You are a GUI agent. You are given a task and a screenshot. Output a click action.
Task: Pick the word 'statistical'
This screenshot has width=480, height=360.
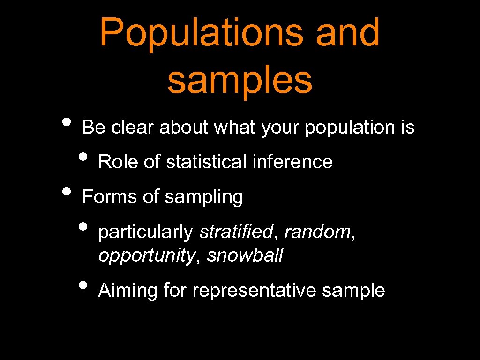point(206,162)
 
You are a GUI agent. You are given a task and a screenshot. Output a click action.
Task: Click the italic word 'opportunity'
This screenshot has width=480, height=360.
point(146,256)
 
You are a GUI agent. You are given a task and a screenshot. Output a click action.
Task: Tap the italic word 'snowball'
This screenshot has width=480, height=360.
point(245,255)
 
